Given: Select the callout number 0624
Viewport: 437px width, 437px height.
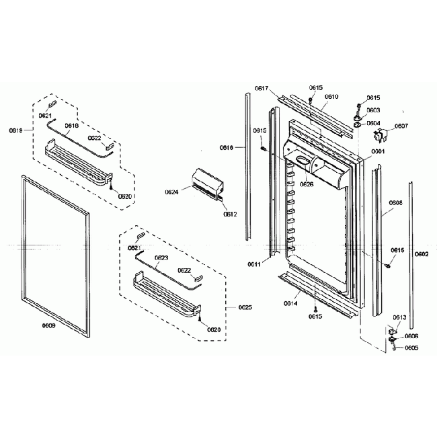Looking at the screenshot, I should coord(171,192).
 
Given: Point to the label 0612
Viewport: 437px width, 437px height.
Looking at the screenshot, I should coord(229,214).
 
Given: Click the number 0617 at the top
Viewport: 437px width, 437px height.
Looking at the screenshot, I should coord(262,88).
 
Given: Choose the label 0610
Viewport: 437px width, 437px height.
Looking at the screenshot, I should coord(331,96).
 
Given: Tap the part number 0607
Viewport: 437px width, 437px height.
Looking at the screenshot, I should coord(401,126).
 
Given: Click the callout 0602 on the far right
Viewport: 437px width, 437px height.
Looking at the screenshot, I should coord(422,254).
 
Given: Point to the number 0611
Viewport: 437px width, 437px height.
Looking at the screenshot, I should coord(254,264).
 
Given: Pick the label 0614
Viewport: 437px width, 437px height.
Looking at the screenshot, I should coord(290,303).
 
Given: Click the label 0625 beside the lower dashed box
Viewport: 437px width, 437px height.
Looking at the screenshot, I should coord(245,308).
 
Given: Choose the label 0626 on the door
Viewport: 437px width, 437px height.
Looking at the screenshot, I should coord(307,184).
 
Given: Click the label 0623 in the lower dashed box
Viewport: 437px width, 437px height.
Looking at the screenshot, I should coord(161,257).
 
